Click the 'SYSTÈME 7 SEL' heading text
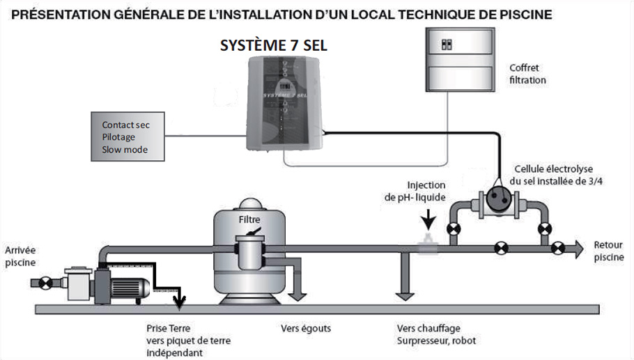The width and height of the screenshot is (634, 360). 273,46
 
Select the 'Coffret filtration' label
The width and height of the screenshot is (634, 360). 527,74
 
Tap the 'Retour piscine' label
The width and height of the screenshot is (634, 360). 608,251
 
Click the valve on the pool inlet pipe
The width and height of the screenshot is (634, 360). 46,283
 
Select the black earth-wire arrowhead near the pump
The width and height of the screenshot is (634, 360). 180,302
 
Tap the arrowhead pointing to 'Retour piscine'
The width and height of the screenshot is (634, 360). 578,247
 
